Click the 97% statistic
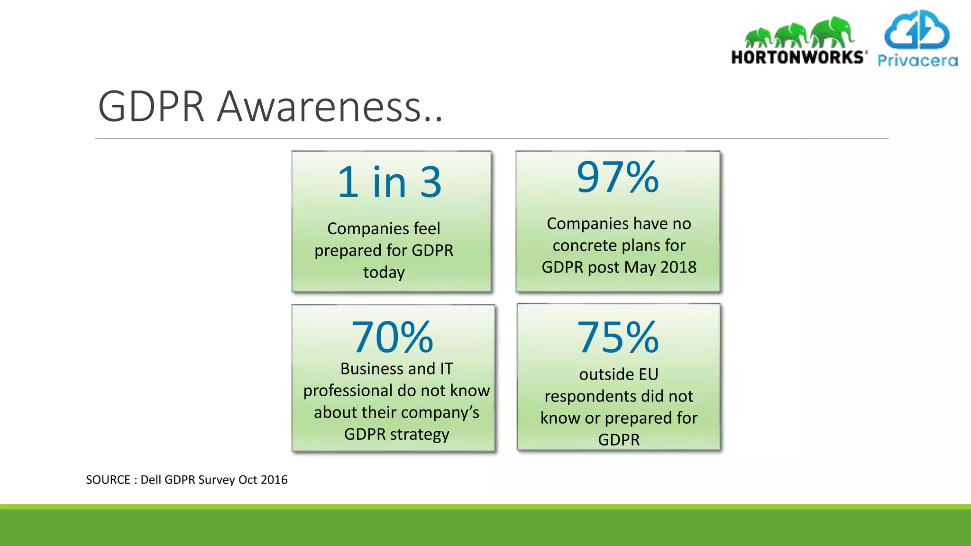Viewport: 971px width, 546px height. click(617, 178)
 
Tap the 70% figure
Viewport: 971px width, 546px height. click(392, 337)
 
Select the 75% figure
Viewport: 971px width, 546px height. click(618, 337)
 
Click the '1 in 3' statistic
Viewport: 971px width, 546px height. click(389, 182)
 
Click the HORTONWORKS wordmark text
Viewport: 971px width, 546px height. click(798, 57)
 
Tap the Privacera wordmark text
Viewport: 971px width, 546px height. click(917, 61)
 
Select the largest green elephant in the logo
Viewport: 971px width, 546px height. click(832, 31)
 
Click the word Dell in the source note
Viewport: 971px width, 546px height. click(151, 480)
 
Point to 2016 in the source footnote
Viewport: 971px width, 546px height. click(274, 480)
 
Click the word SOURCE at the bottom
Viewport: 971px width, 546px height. click(108, 480)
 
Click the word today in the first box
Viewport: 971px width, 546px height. click(384, 273)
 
